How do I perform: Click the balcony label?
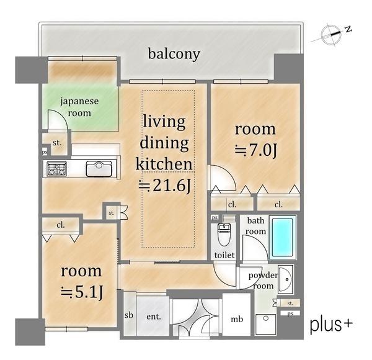174,54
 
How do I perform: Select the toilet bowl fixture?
224,235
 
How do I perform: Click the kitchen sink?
99,169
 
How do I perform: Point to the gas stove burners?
56,169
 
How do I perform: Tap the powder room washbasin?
286,279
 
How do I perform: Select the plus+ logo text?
331,325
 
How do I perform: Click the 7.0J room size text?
256,150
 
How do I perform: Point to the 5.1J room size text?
82,292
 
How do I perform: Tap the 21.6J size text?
165,186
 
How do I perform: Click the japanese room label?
79,107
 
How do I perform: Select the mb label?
237,319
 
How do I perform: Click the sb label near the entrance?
129,315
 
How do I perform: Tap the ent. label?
154,317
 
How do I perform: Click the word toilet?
224,255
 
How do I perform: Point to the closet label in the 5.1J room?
61,225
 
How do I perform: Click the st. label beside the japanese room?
57,143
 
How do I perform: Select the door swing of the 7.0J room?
223,178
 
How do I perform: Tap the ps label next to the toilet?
215,217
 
